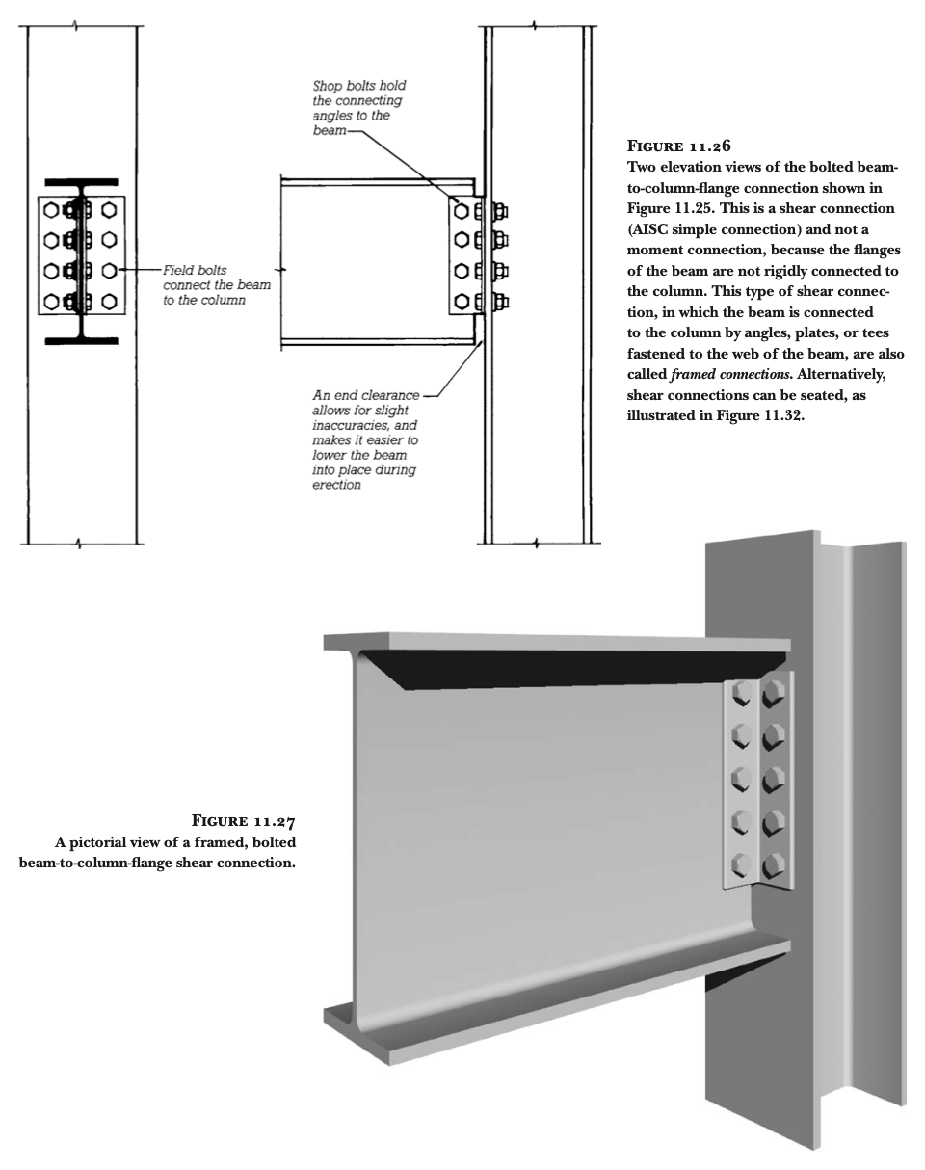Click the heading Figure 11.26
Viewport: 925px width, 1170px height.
(678, 147)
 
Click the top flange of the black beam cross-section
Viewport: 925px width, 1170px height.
(81, 182)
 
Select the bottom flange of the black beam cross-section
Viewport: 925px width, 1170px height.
(81, 340)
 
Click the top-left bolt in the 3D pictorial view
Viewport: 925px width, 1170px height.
(742, 692)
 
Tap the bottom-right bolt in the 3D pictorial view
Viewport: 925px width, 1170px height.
(774, 863)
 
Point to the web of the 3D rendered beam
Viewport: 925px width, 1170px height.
(540, 819)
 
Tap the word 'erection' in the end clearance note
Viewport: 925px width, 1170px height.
(336, 485)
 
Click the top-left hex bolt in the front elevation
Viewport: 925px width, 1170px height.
(51, 209)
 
